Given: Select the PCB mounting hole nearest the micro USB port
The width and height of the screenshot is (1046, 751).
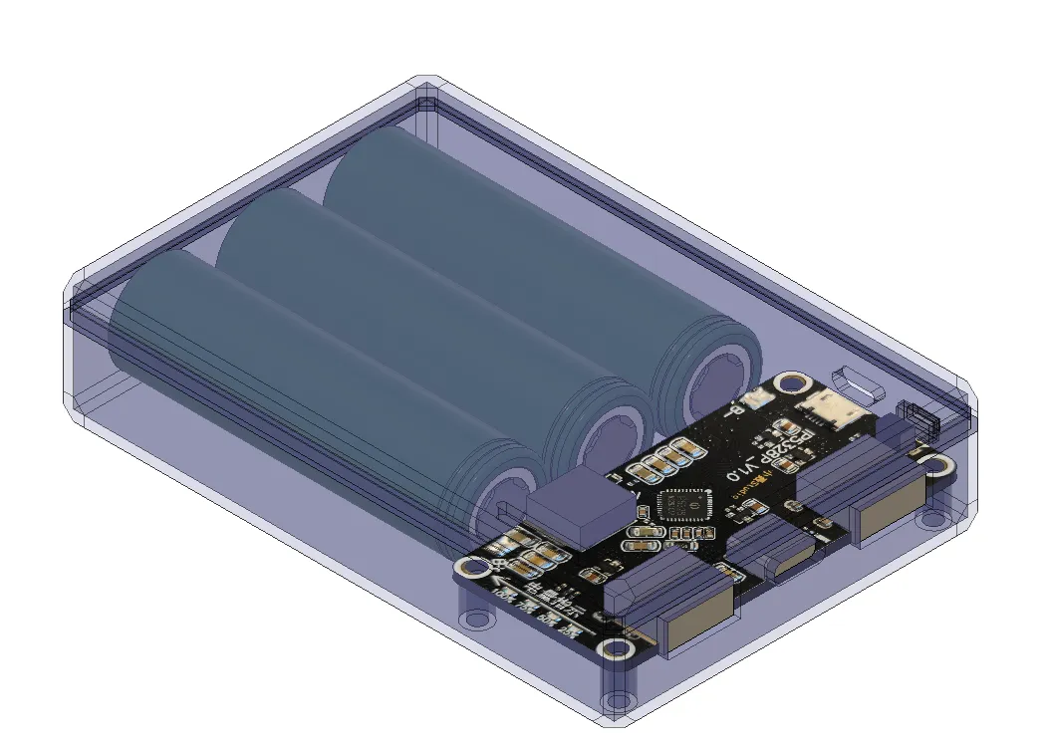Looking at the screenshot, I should [794, 381].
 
